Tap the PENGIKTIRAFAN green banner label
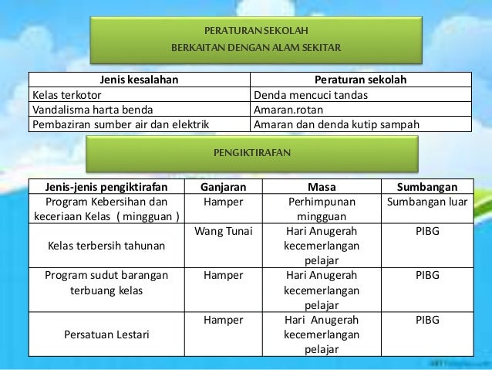pyautogui.click(x=254, y=153)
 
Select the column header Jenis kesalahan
pyautogui.click(x=140, y=80)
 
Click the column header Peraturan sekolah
pyautogui.click(x=361, y=80)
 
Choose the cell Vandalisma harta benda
pyautogui.click(x=91, y=109)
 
